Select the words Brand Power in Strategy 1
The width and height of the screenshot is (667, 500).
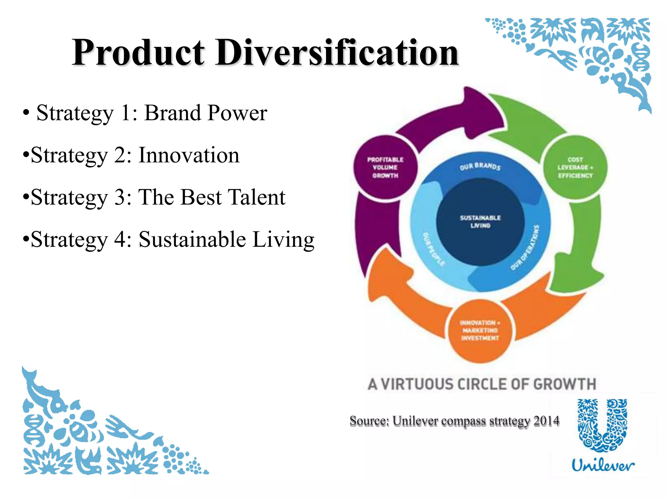[x=206, y=113]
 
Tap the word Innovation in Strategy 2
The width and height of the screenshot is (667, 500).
[x=189, y=155]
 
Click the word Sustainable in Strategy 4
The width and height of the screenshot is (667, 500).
[x=192, y=240]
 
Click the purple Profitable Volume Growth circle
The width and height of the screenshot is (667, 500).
[x=385, y=167]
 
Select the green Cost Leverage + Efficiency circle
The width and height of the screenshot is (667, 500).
[x=575, y=167]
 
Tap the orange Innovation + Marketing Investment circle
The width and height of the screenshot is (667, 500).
[x=480, y=330]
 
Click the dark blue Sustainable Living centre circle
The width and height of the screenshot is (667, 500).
[x=480, y=222]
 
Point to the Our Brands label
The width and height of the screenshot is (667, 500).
[x=480, y=166]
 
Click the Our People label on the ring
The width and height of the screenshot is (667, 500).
[x=433, y=249]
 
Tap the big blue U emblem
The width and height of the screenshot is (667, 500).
[x=603, y=425]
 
